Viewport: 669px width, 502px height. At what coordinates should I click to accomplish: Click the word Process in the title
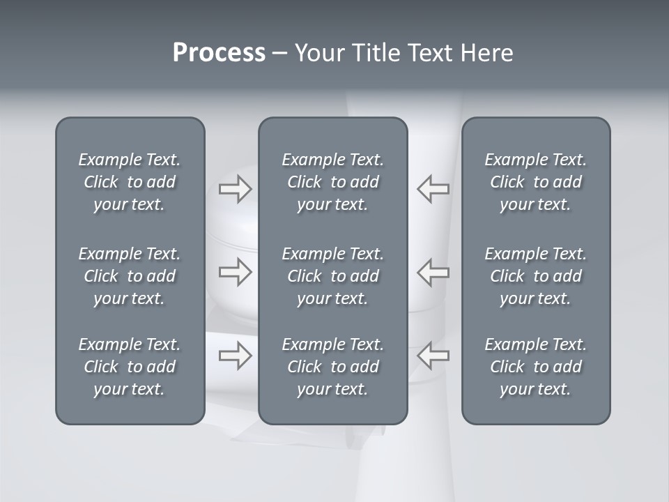point(219,53)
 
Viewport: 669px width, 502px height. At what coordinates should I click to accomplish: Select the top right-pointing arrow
point(235,189)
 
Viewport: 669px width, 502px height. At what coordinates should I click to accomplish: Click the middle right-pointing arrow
point(235,272)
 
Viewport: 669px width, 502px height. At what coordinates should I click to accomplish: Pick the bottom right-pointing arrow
point(235,356)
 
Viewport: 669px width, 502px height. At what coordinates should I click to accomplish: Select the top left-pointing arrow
point(433,189)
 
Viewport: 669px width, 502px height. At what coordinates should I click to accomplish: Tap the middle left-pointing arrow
point(433,272)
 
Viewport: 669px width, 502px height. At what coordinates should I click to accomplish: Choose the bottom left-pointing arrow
point(433,356)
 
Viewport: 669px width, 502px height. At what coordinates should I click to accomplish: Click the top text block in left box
point(130,182)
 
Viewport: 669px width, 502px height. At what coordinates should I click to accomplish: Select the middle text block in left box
point(130,276)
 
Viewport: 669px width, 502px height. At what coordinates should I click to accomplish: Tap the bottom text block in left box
point(130,367)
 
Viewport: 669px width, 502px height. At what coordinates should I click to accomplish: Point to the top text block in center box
point(332,182)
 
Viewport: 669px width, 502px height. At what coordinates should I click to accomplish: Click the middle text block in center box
point(332,276)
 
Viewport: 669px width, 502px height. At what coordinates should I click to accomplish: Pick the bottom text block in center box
point(332,367)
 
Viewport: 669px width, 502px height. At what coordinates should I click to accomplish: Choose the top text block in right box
point(535,182)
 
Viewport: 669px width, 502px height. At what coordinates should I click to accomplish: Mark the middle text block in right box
point(535,276)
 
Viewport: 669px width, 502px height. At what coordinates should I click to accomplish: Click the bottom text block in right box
point(535,367)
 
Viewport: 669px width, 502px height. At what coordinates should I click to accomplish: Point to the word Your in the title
point(318,53)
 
